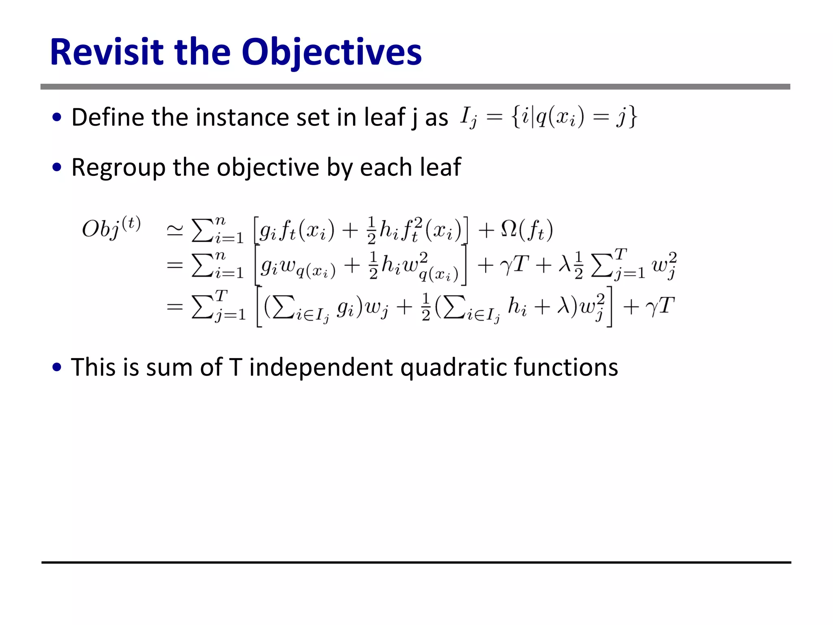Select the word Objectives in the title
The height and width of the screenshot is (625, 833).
(331, 53)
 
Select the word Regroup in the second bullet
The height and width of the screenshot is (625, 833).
(118, 167)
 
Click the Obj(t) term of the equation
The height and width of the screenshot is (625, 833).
(111, 228)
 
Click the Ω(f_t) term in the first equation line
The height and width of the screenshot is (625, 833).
(527, 230)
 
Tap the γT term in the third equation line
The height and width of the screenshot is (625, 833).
(660, 306)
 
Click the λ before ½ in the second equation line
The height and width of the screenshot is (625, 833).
(564, 265)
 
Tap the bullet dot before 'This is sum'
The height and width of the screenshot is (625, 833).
(57, 367)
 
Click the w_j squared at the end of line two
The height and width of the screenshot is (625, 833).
(664, 265)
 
